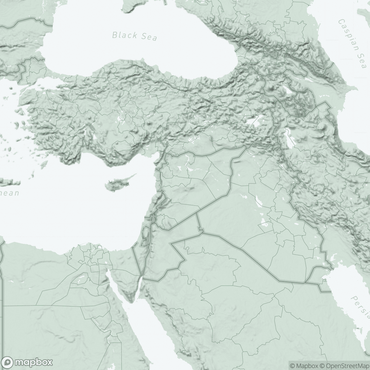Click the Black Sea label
[x=134, y=36]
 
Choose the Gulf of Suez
[x=116, y=285]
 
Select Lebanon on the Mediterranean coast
[x=157, y=205]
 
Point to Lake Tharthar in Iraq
[x=257, y=202]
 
